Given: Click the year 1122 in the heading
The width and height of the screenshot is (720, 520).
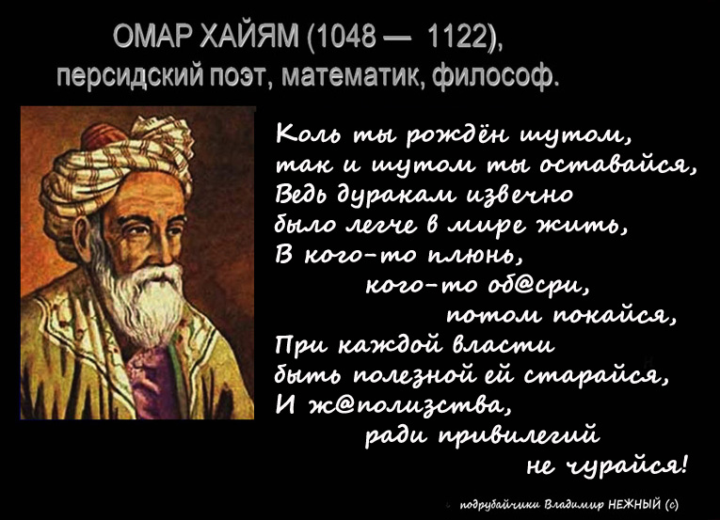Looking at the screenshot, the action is point(456,37).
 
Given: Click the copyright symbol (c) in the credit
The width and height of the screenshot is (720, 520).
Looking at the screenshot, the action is point(671,504).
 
